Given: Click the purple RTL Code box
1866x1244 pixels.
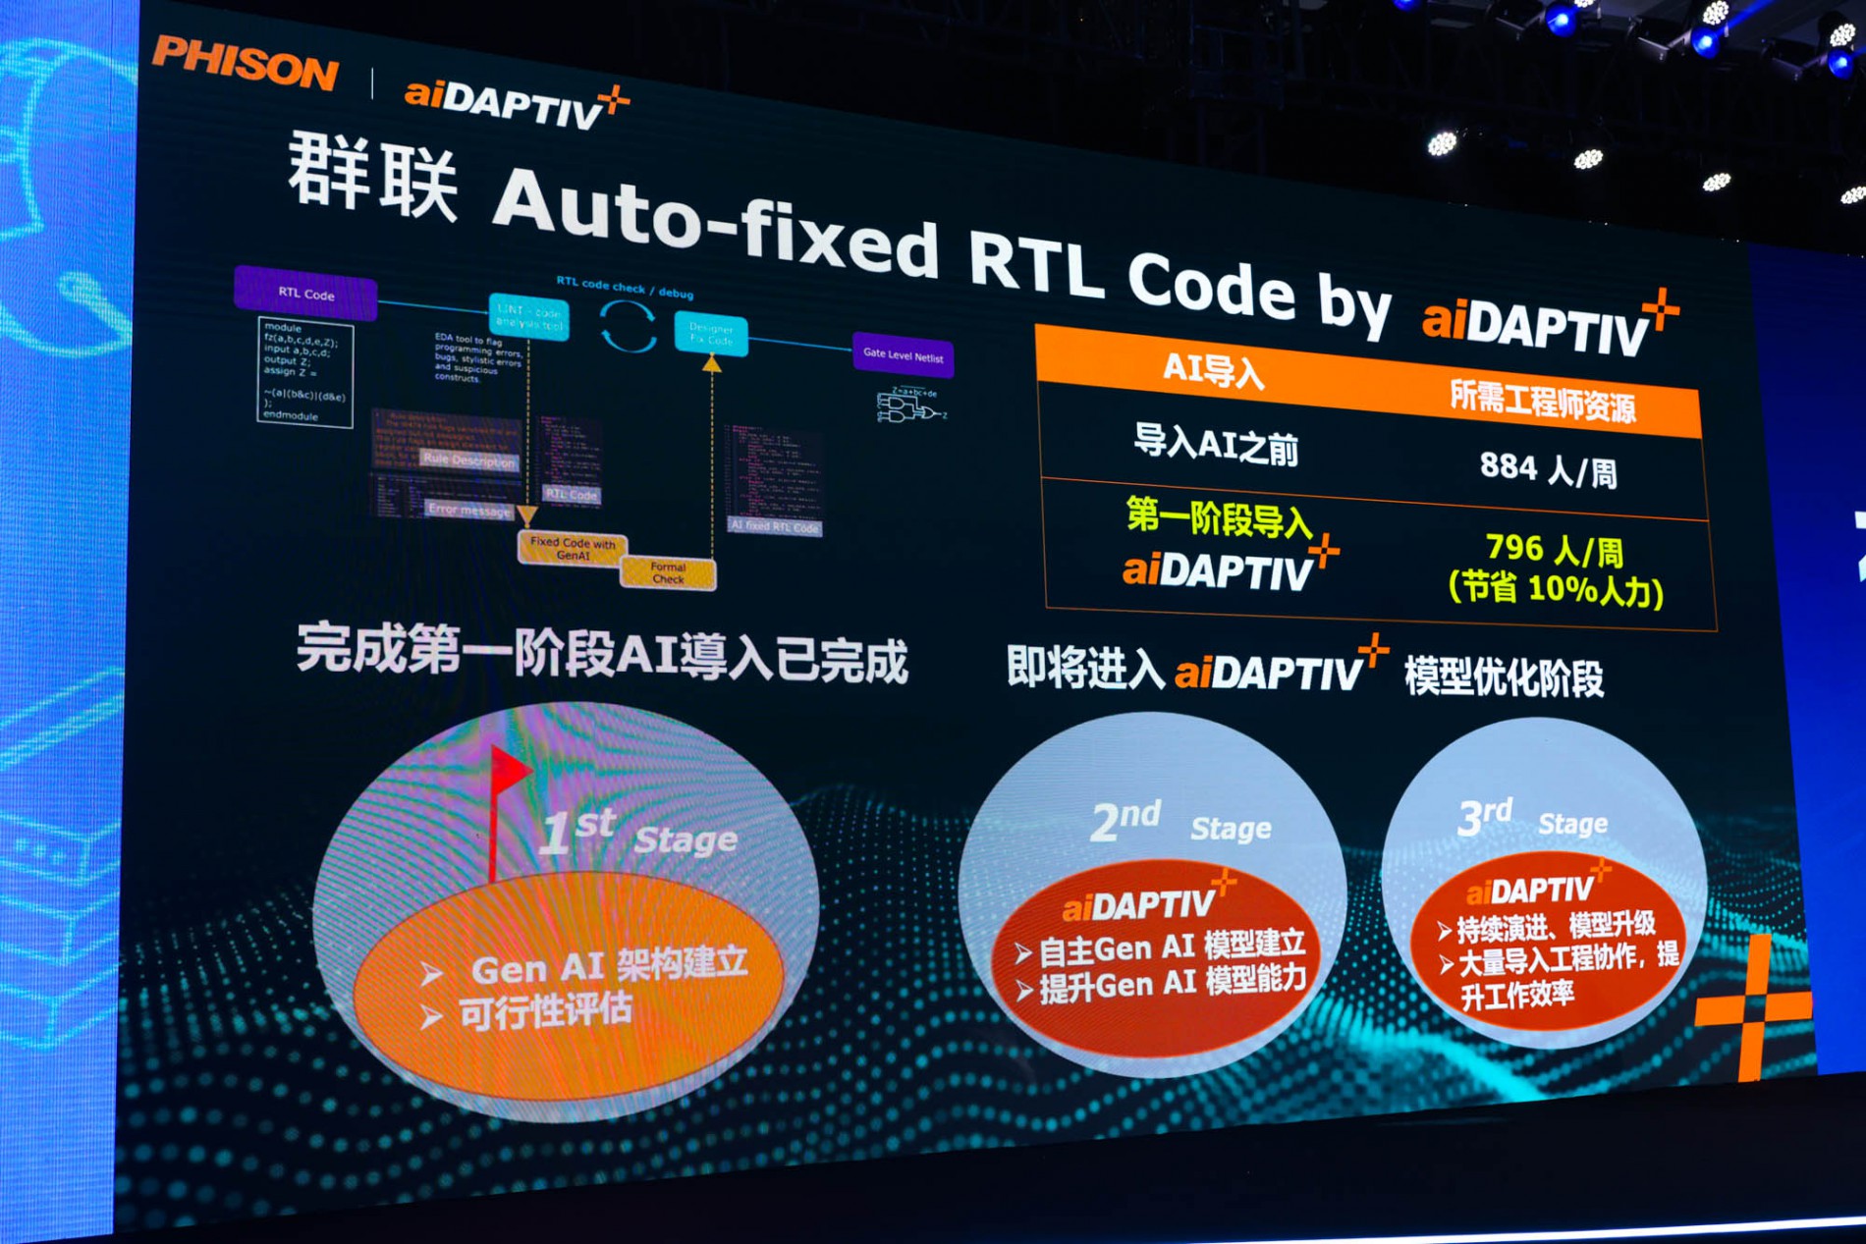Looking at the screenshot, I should click(x=305, y=294).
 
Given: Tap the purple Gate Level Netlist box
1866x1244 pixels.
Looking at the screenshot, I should click(x=903, y=355).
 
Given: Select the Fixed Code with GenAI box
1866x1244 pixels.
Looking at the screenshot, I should click(x=572, y=548).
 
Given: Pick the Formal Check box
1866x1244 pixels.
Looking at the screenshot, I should click(x=668, y=572).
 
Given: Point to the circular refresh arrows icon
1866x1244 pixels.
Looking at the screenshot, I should click(x=628, y=326).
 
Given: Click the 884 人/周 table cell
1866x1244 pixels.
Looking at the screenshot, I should click(x=1548, y=469).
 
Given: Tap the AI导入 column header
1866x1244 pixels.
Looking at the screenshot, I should click(x=1213, y=370).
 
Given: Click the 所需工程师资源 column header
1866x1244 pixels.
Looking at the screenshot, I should click(x=1542, y=403).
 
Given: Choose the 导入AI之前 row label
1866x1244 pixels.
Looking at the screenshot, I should click(x=1216, y=446).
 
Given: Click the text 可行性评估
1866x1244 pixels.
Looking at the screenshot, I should click(x=545, y=1011).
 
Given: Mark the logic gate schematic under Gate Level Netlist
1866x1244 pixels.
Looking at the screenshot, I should click(x=909, y=405).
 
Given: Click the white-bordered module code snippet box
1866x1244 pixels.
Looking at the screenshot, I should click(x=304, y=371).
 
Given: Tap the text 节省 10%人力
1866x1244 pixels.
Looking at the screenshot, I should click(x=1556, y=589).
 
